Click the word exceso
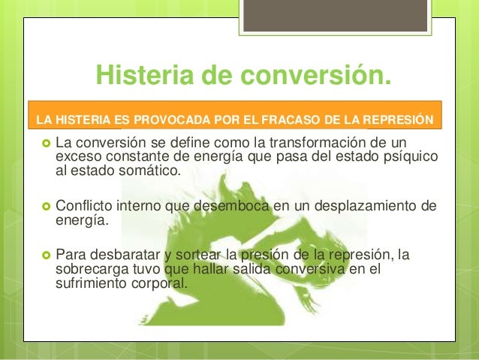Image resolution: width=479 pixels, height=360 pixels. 80,157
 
